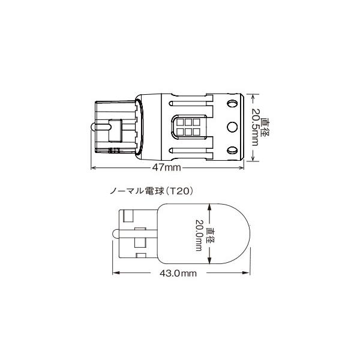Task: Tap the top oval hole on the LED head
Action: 232,104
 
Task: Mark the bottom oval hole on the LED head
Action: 232,149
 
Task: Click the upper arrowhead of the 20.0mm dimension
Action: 209,206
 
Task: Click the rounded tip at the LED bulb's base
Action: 92,127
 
